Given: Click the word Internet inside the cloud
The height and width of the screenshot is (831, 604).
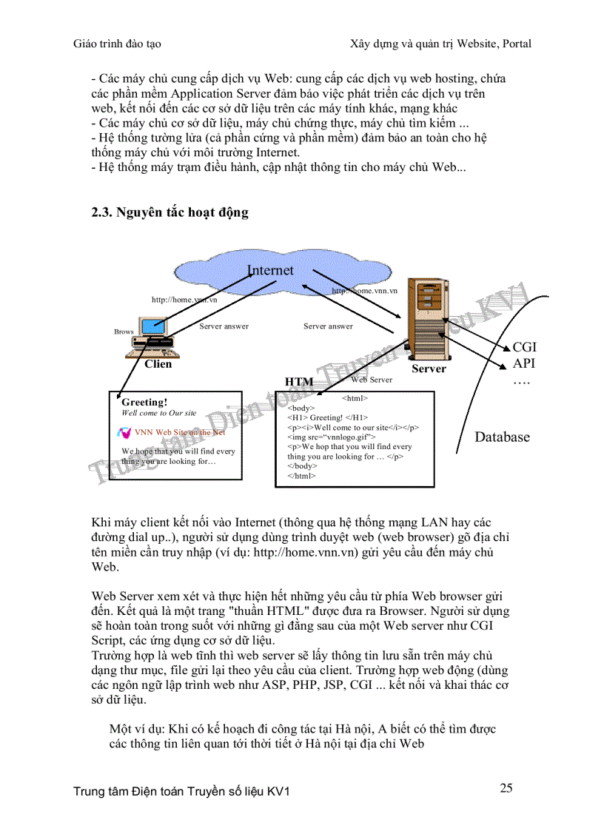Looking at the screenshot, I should [x=270, y=271].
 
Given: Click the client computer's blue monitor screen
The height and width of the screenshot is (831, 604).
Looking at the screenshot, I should [x=154, y=326].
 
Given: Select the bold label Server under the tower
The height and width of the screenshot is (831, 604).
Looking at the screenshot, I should [x=429, y=369].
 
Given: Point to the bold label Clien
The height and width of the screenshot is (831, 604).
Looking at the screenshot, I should [x=158, y=364].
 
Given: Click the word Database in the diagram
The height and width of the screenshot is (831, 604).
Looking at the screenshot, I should [x=502, y=437].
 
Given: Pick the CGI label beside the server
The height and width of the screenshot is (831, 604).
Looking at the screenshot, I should [x=524, y=347].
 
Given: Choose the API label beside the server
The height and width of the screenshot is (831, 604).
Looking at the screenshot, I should [x=523, y=363].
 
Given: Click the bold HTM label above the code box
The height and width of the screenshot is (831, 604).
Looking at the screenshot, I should [x=299, y=382].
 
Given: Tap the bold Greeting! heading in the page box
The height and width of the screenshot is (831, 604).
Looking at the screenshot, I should [x=144, y=403].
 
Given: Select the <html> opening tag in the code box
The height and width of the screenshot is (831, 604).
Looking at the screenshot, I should [x=355, y=398].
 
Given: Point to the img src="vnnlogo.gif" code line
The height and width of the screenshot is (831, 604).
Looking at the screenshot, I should [x=331, y=437].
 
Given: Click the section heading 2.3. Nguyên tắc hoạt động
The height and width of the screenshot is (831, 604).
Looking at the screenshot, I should [x=170, y=212].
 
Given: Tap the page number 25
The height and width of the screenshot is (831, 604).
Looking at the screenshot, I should [x=506, y=787].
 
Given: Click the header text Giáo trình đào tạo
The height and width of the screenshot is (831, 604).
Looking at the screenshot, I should [x=117, y=44].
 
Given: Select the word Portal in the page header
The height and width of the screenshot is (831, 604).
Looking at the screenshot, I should [x=514, y=44].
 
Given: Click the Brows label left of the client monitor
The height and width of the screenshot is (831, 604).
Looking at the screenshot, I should [x=124, y=332].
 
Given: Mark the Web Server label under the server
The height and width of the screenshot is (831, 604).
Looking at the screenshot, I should [x=372, y=380].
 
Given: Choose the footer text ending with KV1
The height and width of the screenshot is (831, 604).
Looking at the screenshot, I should [x=181, y=792].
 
